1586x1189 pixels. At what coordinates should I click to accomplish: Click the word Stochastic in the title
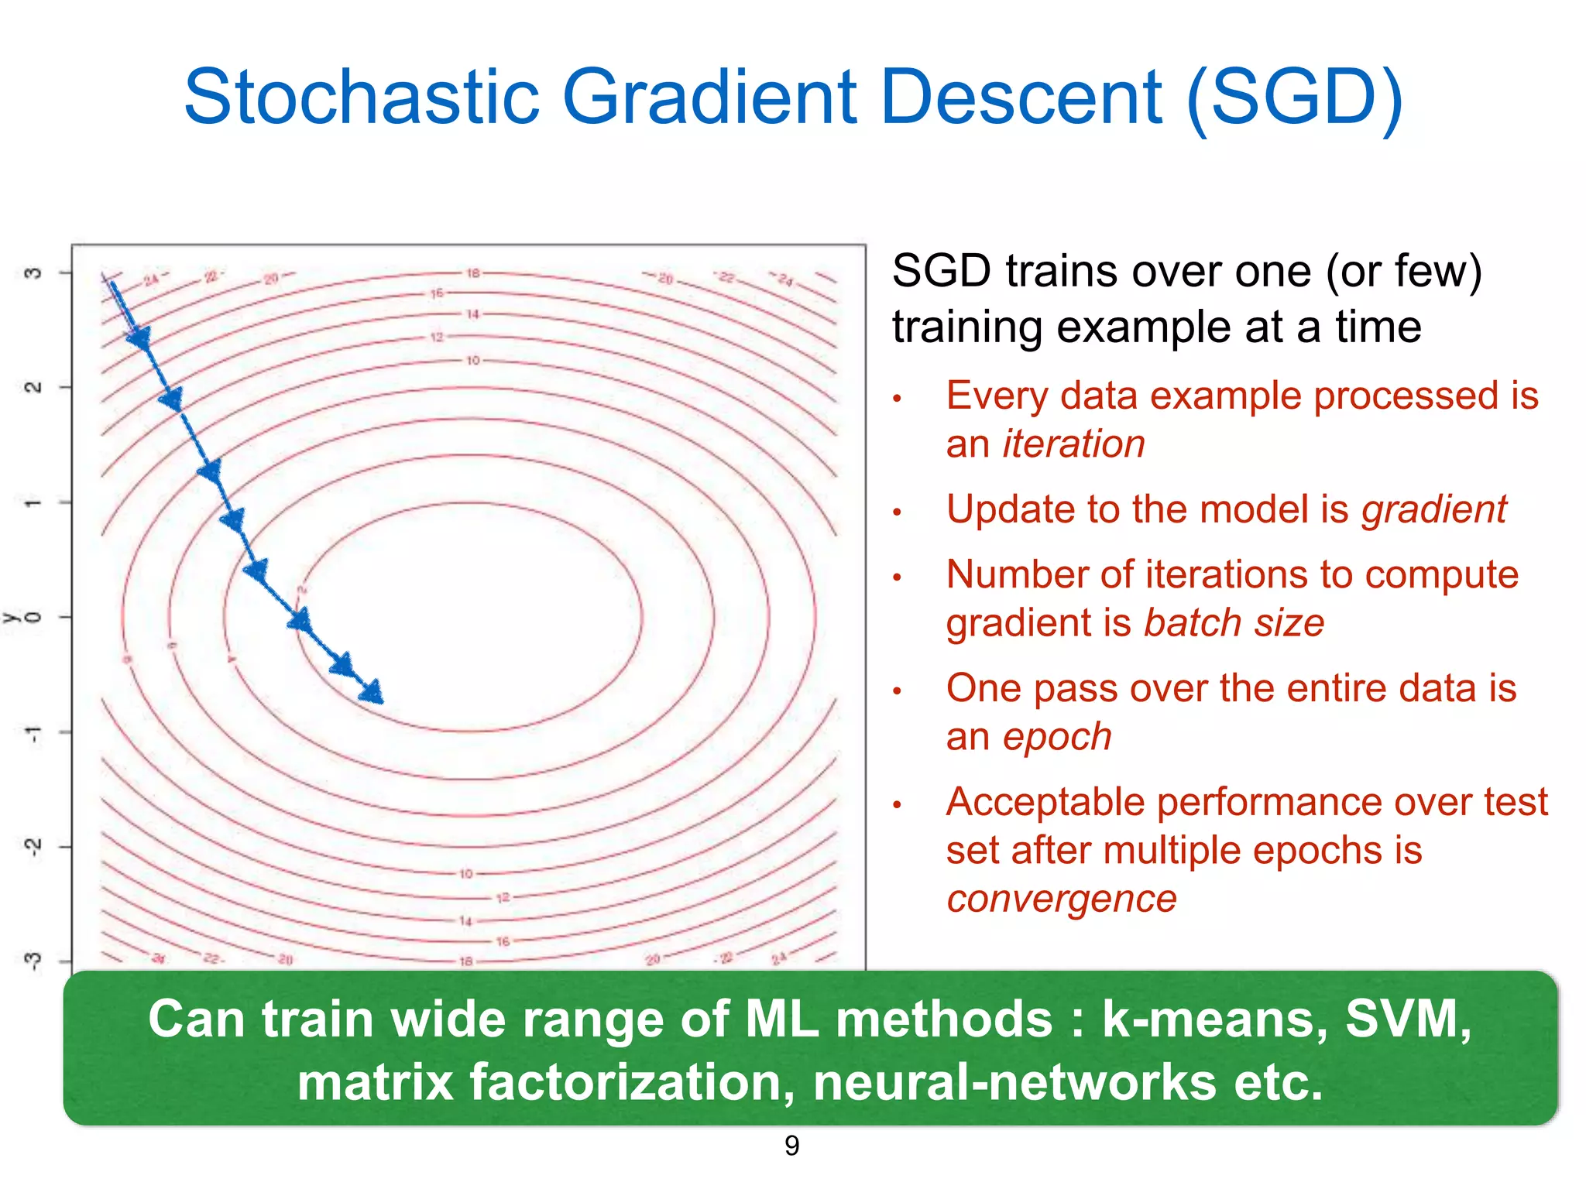point(361,98)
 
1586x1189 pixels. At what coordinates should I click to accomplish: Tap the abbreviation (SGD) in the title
point(1294,98)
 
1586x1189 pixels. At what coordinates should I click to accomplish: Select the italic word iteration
point(1073,444)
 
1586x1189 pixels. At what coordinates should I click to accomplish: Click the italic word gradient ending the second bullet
point(1434,509)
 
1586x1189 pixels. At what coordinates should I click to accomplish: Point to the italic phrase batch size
point(1234,623)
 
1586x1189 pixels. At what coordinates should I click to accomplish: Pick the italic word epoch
point(1057,736)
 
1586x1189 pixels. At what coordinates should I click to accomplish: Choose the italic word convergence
point(1061,899)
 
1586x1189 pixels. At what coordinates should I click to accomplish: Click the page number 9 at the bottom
point(791,1146)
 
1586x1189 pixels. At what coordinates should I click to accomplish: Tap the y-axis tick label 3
point(33,272)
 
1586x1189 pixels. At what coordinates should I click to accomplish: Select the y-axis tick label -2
point(33,847)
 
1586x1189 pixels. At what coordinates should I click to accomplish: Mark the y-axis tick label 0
point(33,617)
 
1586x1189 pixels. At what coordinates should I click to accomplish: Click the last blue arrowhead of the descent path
point(372,691)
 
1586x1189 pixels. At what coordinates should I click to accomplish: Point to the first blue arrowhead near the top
point(140,338)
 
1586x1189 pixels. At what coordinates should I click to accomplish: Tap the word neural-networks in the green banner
point(1014,1082)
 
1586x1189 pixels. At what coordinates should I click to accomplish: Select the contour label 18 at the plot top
point(472,273)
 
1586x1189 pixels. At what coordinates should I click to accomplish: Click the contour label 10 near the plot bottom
point(465,874)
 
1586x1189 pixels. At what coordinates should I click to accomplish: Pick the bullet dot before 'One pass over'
point(898,690)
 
